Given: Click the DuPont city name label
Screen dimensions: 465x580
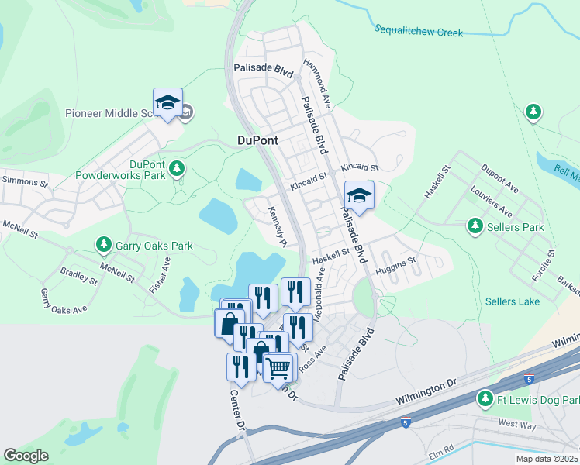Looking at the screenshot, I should (257, 140).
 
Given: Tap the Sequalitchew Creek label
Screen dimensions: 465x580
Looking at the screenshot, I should (418, 32).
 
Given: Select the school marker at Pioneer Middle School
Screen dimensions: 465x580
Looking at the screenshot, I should (167, 104).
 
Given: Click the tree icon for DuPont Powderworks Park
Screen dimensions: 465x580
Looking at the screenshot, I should (178, 167).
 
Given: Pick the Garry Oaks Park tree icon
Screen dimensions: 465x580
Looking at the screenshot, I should (104, 246).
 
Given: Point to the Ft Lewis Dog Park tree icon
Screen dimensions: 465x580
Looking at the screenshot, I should (485, 398).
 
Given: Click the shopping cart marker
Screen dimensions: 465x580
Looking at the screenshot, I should (278, 367).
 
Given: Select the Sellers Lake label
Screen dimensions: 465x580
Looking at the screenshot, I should (511, 301).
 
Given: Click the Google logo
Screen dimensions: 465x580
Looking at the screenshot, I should (26, 456).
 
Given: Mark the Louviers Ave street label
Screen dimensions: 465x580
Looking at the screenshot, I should (491, 201).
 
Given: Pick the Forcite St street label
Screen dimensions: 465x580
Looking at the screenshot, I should (543, 265).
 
